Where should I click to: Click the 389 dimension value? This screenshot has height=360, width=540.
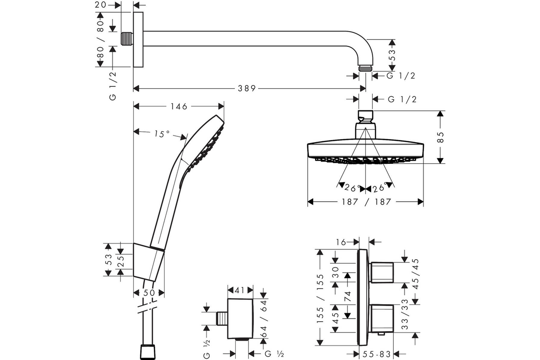pyautogui.click(x=247, y=89)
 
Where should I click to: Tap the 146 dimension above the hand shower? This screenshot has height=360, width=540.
pyautogui.click(x=179, y=106)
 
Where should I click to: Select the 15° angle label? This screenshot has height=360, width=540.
pyautogui.click(x=162, y=134)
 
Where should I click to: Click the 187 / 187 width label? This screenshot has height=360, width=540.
pyautogui.click(x=365, y=202)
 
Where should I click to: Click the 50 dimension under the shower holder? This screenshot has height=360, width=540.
pyautogui.click(x=149, y=293)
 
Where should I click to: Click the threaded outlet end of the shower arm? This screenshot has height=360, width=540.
pyautogui.click(x=365, y=68)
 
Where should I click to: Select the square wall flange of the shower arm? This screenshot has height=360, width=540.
pyautogui.click(x=138, y=40)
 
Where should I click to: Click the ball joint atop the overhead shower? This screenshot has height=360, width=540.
pyautogui.click(x=365, y=117)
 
